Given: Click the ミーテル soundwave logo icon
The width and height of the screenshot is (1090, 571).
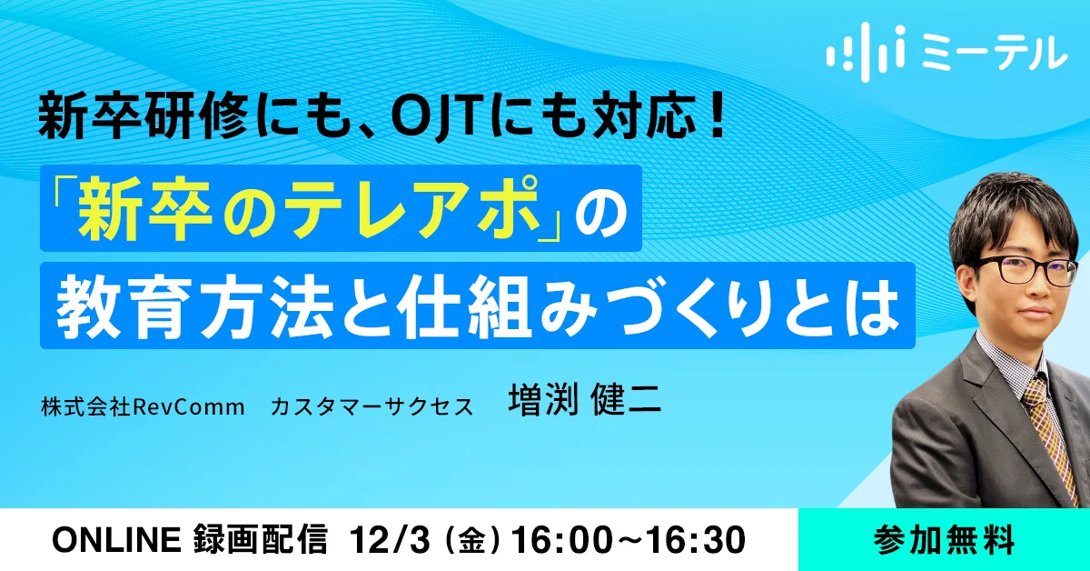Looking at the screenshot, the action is pyautogui.click(x=866, y=51).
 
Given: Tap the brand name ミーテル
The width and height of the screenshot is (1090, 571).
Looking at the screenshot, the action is pyautogui.click(x=993, y=53).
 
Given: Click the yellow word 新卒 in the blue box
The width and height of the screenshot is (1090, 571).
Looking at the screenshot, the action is pyautogui.click(x=144, y=208).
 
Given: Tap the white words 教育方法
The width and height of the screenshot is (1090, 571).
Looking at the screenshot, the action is pyautogui.click(x=194, y=306).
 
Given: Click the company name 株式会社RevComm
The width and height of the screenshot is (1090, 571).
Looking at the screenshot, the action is pyautogui.click(x=144, y=406).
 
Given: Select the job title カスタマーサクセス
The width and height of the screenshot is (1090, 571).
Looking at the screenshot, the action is pyautogui.click(x=372, y=406).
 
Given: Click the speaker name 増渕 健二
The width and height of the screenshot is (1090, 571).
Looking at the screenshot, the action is pyautogui.click(x=584, y=399).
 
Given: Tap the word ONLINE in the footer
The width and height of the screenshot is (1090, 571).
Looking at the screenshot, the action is pyautogui.click(x=117, y=540).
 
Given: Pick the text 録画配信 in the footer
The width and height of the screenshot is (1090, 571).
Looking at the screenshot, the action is pyautogui.click(x=260, y=540).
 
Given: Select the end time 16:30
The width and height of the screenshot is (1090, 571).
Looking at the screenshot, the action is pyautogui.click(x=698, y=540).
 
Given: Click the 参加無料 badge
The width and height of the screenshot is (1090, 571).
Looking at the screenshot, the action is pyautogui.click(x=944, y=540).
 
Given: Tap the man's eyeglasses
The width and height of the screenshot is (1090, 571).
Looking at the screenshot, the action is pyautogui.click(x=1026, y=270).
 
